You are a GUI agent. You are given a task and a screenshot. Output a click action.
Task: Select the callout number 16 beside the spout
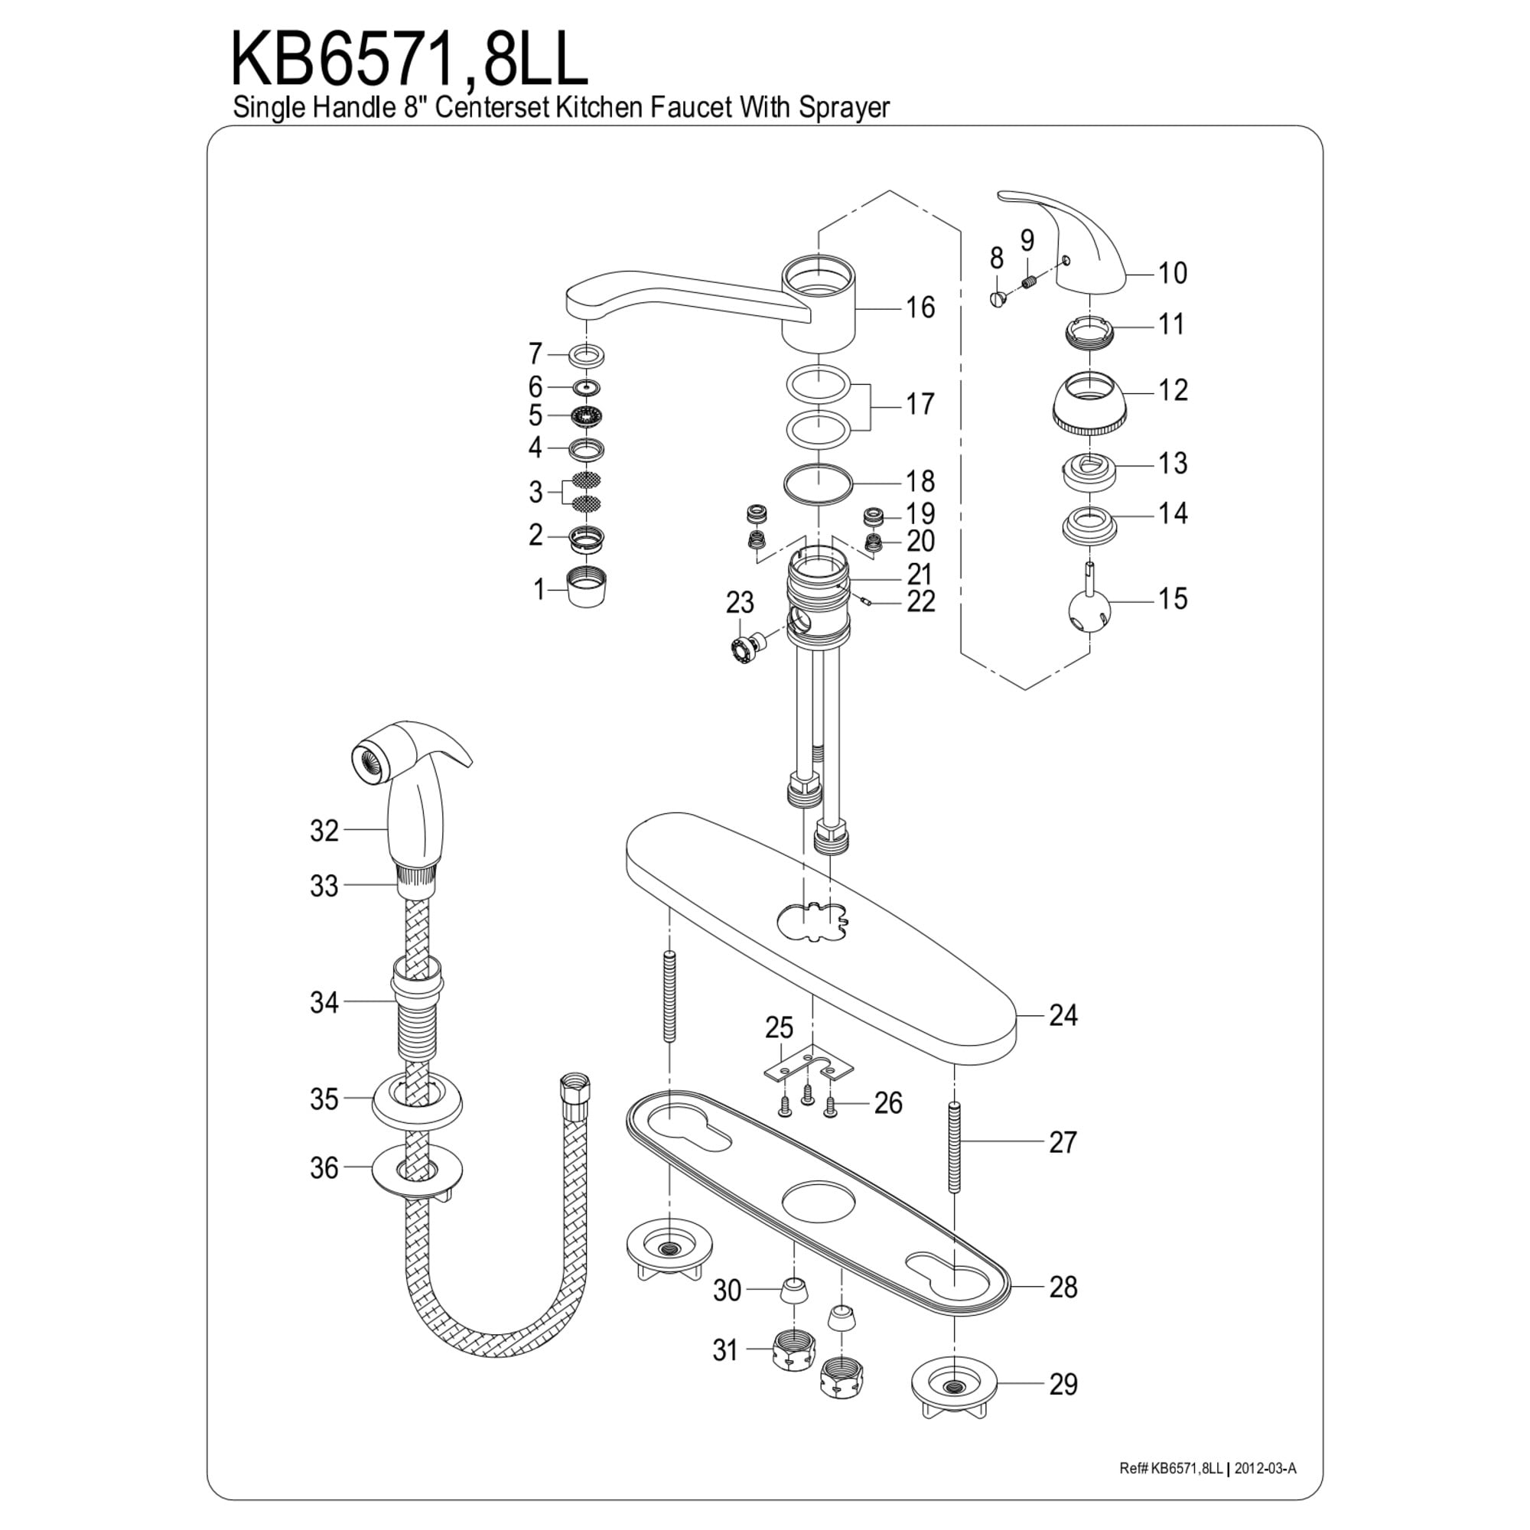[x=920, y=308]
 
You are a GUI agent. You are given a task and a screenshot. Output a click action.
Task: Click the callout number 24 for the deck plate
[x=1063, y=1015]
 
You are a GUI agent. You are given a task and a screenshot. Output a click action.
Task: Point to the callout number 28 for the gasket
[x=1063, y=1287]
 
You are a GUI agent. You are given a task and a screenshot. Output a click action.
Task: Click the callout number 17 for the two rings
[x=920, y=405]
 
